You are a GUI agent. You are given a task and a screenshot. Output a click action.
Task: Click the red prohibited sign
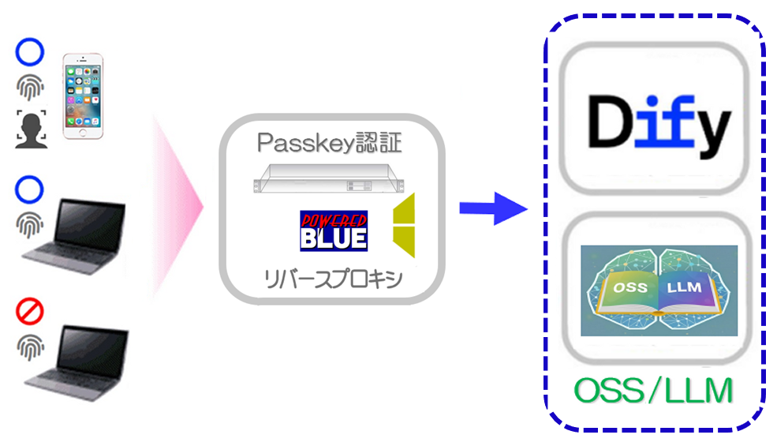point(29,313)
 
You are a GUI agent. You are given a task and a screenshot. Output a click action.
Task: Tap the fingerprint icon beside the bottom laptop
point(30,347)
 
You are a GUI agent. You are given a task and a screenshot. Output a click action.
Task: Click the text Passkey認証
point(329,143)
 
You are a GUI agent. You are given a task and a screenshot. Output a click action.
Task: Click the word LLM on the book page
point(684,287)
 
